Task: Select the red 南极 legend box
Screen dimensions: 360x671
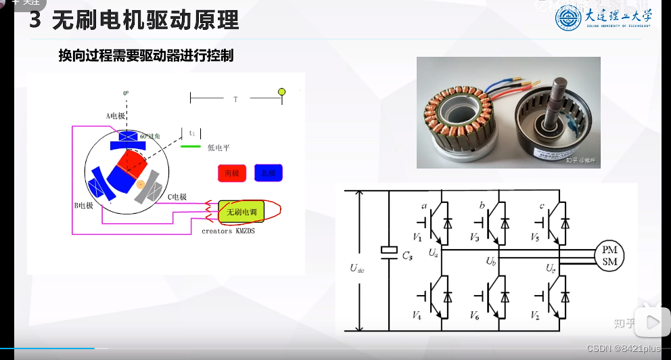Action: tap(232, 173)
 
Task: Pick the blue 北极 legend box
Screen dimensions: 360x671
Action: tap(269, 173)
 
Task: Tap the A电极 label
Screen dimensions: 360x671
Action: tap(116, 116)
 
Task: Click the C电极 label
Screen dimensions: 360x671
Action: tap(177, 197)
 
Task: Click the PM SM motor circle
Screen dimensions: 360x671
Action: tap(609, 256)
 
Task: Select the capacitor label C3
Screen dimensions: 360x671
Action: tap(407, 256)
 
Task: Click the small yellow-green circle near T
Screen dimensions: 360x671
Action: tap(283, 91)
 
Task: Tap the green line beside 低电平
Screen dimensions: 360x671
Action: tap(191, 145)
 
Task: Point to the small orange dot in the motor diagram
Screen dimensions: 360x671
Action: tap(141, 184)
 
